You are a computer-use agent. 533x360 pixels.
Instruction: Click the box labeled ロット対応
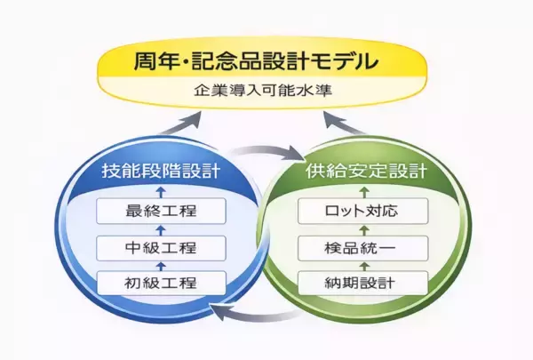(x=363, y=212)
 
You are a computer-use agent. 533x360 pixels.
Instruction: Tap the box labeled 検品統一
(x=363, y=248)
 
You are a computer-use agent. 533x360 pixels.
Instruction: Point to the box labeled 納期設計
(x=363, y=284)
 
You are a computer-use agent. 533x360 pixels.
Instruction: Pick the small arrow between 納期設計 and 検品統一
(x=363, y=266)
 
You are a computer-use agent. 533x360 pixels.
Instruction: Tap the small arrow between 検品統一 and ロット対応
(x=363, y=230)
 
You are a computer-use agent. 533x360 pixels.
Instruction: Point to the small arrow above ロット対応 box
(x=363, y=191)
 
